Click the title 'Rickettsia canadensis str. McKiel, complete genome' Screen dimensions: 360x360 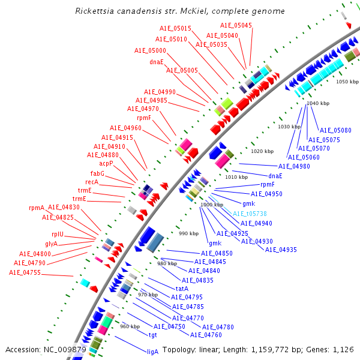pyautogui.click(x=180, y=11)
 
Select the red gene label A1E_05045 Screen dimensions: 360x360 pyautogui.click(x=236, y=25)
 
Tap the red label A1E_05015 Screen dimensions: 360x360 pyautogui.click(x=175, y=29)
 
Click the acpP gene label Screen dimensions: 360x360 pyautogui.click(x=106, y=163)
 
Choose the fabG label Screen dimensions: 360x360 pyautogui.click(x=97, y=173)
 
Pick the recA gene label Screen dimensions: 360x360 pyautogui.click(x=92, y=182)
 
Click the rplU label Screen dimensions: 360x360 pyautogui.click(x=58, y=234)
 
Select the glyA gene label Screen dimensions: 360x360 pyautogui.click(x=52, y=244)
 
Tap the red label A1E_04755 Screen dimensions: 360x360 pyautogui.click(x=25, y=272)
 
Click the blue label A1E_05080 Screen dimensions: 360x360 pyautogui.click(x=335, y=130)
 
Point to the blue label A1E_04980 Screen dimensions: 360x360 pyautogui.click(x=294, y=166)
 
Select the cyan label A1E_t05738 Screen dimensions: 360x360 pyautogui.click(x=250, y=214)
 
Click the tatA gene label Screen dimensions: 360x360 pyautogui.click(x=182, y=289)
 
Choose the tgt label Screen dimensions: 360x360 pyautogui.click(x=153, y=335)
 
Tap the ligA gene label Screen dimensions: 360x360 pyautogui.click(x=153, y=352)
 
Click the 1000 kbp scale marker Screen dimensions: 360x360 pyautogui.click(x=212, y=205)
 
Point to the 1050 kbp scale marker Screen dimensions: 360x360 pyautogui.click(x=347, y=81)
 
